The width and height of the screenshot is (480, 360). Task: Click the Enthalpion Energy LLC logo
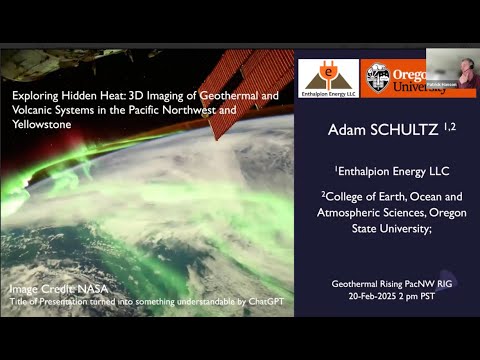coord(328,76)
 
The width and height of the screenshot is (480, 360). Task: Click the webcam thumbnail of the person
coord(451,71)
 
